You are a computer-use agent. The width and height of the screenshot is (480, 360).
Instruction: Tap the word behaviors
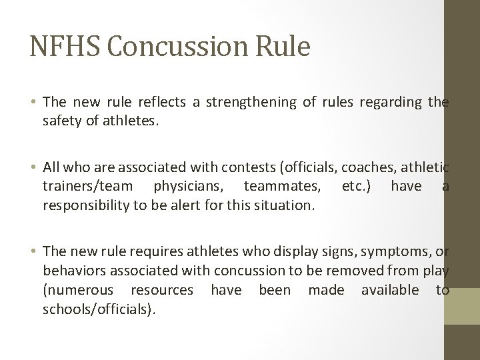[73, 271]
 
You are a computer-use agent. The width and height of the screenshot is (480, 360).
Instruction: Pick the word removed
[368, 271]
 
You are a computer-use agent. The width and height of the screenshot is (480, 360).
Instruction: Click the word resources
[162, 290]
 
